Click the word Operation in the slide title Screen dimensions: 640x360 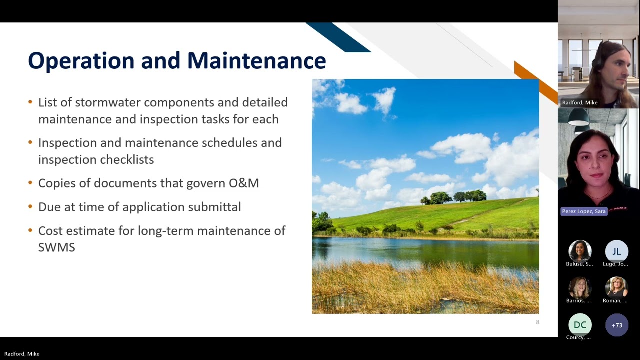(x=81, y=61)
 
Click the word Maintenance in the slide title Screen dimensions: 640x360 (x=257, y=60)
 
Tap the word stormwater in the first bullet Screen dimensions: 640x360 (x=107, y=102)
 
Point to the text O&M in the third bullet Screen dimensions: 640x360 (x=244, y=183)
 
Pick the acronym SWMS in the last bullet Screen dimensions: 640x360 (x=57, y=247)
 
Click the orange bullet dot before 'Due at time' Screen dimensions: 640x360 (x=30, y=206)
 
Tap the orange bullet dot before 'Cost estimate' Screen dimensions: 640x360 (x=30, y=230)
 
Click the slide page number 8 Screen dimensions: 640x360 (x=537, y=322)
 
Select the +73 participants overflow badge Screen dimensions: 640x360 (x=617, y=325)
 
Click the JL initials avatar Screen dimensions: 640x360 (x=617, y=251)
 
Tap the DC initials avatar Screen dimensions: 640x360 (x=580, y=325)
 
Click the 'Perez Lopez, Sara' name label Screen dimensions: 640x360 (x=584, y=211)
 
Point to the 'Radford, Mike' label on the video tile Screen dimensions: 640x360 (x=579, y=102)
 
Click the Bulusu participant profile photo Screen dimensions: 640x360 (x=580, y=251)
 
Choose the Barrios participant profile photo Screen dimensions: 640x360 (x=580, y=288)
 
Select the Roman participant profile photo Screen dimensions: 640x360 (x=617, y=288)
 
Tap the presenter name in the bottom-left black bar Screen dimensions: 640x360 (x=22, y=354)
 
